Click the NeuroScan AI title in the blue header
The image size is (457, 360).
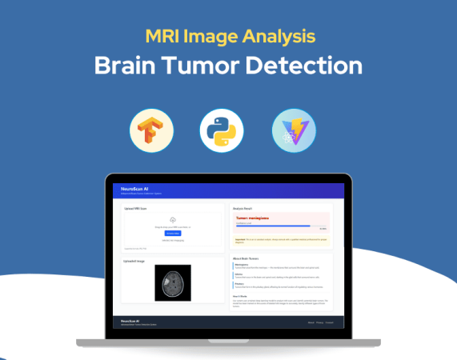(x=134, y=188)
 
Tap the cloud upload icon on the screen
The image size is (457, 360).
(x=172, y=219)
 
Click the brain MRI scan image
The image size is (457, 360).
(x=173, y=284)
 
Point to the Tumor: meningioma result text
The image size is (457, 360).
(x=253, y=217)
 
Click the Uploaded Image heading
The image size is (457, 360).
(x=134, y=260)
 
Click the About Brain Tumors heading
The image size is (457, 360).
(x=249, y=258)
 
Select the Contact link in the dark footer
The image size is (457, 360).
(x=329, y=322)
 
